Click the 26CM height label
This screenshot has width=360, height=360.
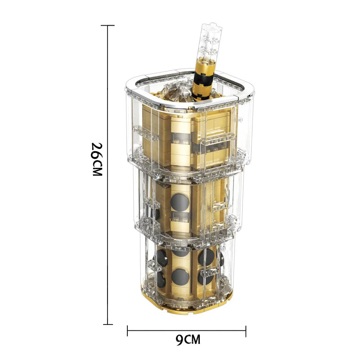[x=97, y=159]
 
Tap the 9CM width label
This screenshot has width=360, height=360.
[x=188, y=340]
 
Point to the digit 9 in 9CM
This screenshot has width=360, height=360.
[x=179, y=340]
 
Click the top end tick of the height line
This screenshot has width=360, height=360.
[x=108, y=25]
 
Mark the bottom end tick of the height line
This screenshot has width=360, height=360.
[x=108, y=324]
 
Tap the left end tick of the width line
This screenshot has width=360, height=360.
[x=127, y=331]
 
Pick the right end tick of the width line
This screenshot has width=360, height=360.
[x=246, y=331]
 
